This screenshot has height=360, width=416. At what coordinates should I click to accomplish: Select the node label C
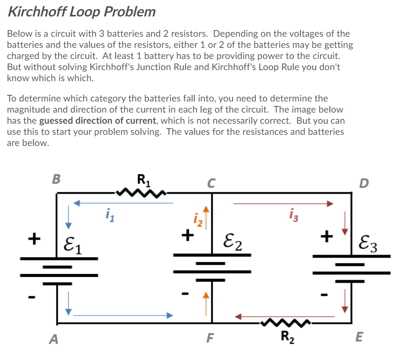coord(211,183)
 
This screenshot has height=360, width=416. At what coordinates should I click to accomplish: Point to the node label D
coord(363,183)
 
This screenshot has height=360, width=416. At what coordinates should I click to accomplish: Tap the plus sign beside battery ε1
coord(33,238)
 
